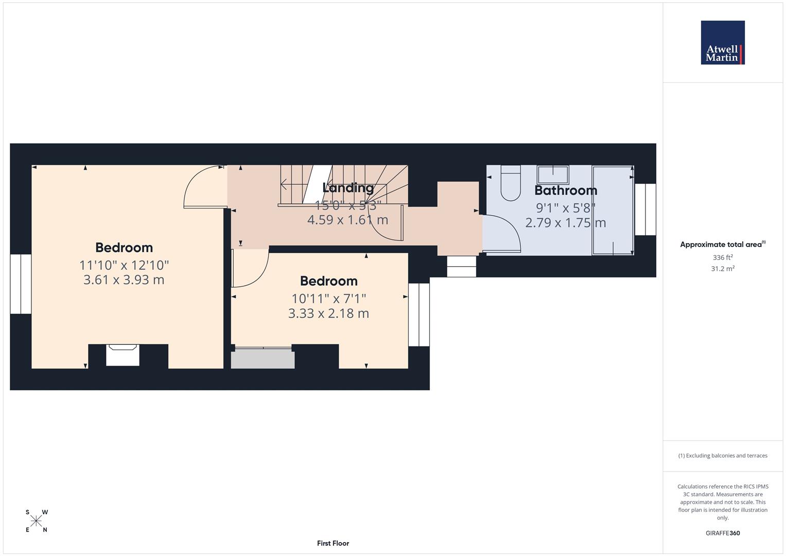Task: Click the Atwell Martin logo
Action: click(723, 43)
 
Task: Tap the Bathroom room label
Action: click(566, 190)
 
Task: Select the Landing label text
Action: click(348, 188)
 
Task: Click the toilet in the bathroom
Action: click(511, 183)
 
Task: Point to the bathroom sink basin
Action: click(553, 175)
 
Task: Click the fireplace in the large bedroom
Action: click(123, 356)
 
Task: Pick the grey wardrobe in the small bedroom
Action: click(263, 358)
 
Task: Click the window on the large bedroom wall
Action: click(21, 284)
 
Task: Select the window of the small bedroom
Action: click(419, 315)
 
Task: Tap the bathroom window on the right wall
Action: click(645, 210)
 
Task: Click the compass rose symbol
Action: click(36, 522)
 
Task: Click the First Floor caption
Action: click(333, 543)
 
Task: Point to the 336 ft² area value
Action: click(722, 257)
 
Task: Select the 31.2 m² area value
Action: click(722, 269)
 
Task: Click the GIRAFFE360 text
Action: click(723, 533)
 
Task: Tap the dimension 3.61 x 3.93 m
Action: click(124, 280)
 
